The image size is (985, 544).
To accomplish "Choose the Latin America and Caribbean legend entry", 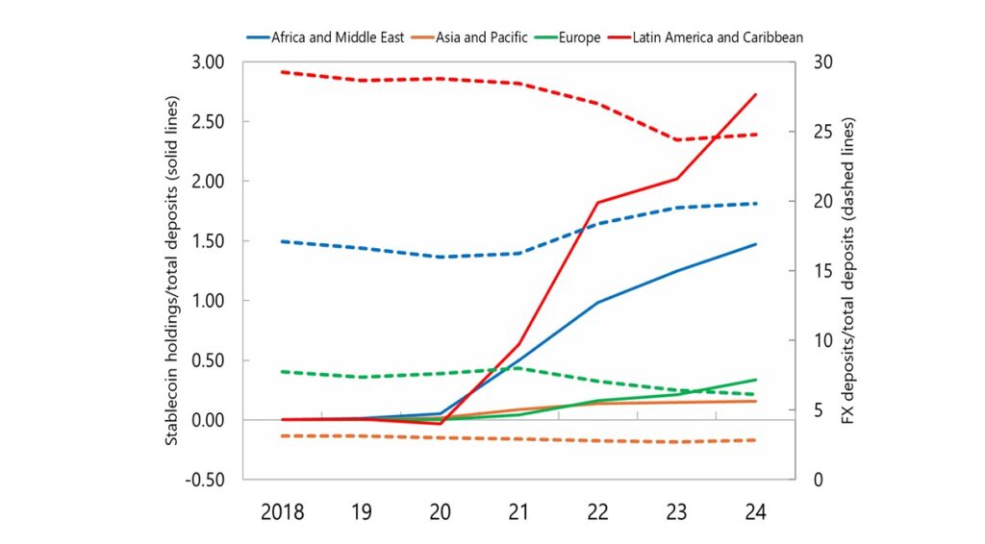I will point(717,37).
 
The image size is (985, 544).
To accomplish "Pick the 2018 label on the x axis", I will point(282,511).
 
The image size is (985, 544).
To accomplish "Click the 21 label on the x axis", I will point(518,511).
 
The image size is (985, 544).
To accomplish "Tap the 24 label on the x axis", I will point(755,511).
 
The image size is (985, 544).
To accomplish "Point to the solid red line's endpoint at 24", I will point(756,94).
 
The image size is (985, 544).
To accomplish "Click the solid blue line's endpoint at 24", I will point(756,244).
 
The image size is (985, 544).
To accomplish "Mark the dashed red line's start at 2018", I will point(282,72).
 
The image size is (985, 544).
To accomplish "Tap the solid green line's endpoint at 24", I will point(756,380).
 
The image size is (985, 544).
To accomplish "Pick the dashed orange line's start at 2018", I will point(282,435).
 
